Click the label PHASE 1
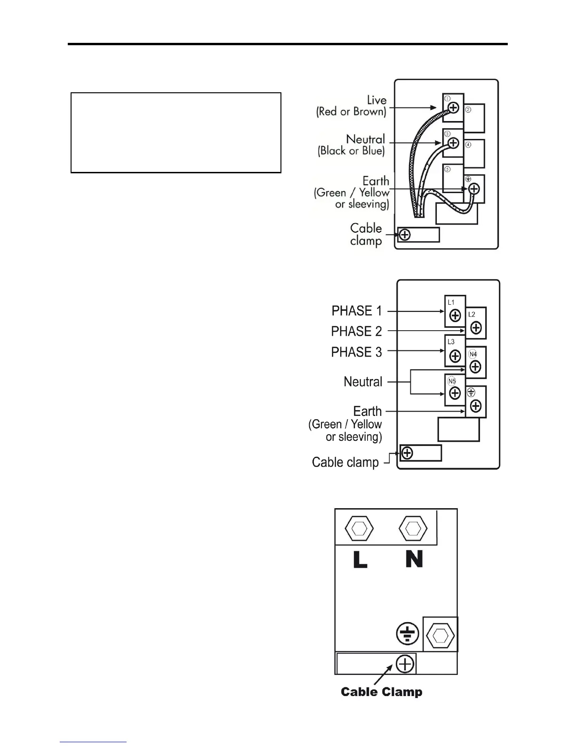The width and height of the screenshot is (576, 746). pyautogui.click(x=357, y=311)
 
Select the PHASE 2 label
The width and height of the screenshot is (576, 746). pyautogui.click(x=356, y=332)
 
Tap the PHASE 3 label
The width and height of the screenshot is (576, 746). pyautogui.click(x=356, y=352)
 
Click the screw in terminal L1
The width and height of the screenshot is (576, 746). pyautogui.click(x=455, y=316)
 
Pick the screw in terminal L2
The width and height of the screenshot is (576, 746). pyautogui.click(x=476, y=327)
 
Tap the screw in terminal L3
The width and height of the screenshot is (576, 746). pyautogui.click(x=455, y=356)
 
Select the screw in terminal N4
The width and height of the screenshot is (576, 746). pyautogui.click(x=476, y=367)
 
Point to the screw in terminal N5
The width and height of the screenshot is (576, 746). pyautogui.click(x=455, y=393)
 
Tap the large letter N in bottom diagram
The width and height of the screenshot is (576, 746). pyautogui.click(x=414, y=559)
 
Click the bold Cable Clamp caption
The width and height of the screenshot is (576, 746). pyautogui.click(x=381, y=692)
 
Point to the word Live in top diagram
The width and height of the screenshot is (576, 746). pyautogui.click(x=376, y=100)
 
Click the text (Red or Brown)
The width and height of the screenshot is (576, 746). pyautogui.click(x=351, y=112)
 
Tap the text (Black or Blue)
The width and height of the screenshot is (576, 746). pyautogui.click(x=351, y=151)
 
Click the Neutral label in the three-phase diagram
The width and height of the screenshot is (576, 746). pyautogui.click(x=363, y=381)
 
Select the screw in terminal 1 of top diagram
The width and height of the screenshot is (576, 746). pyautogui.click(x=453, y=108)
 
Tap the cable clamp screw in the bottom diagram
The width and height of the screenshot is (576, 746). pyautogui.click(x=405, y=664)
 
